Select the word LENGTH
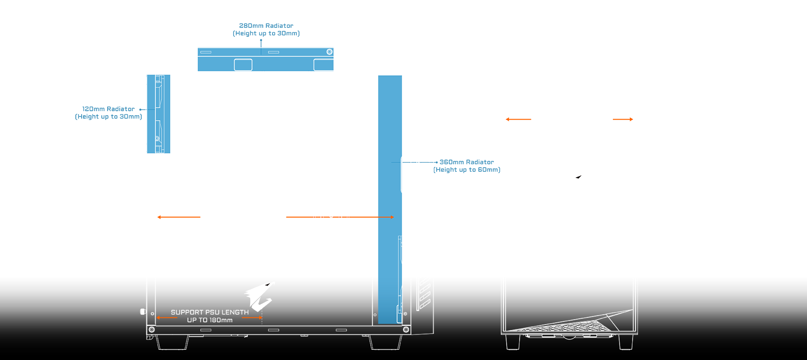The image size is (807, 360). tap(235, 312)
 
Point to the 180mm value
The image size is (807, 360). tap(221, 320)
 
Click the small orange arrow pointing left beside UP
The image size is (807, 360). tap(166, 317)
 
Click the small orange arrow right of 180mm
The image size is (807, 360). tap(252, 317)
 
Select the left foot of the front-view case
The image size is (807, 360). tap(512, 342)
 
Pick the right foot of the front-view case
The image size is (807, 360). tap(625, 342)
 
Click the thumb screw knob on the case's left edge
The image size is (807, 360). tap(143, 311)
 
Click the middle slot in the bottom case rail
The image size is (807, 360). tap(273, 330)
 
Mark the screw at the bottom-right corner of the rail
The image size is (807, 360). tap(406, 330)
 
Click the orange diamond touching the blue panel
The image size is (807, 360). tap(364, 217)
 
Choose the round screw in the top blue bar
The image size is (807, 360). tap(330, 52)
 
